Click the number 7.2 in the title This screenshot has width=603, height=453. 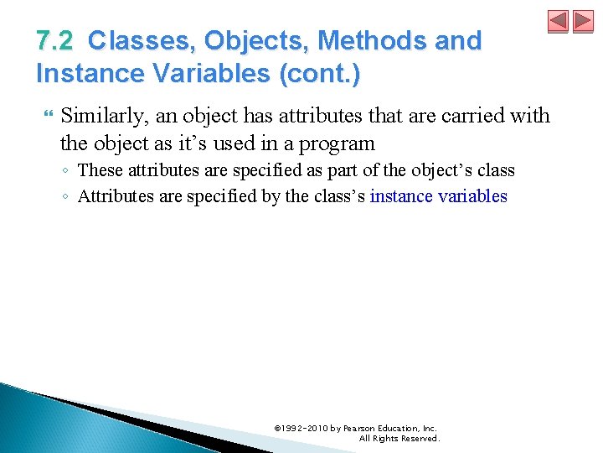coord(57,40)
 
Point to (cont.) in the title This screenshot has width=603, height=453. coord(327,73)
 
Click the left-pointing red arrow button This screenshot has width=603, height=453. coord(559,21)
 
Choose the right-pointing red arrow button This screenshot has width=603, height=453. coord(582,21)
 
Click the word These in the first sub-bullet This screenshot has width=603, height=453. coord(99,170)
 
